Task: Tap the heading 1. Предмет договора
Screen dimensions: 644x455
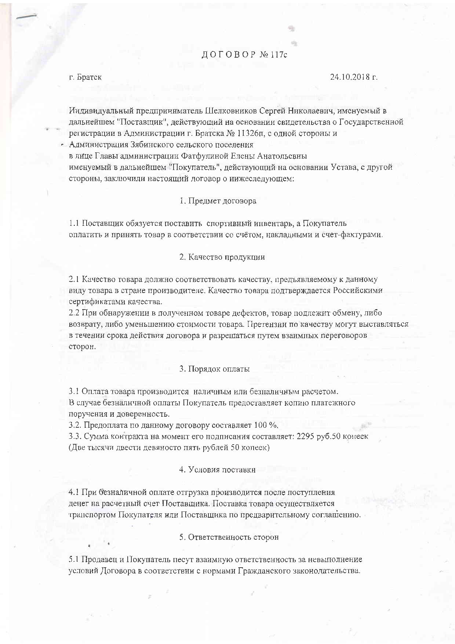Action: (x=218, y=201)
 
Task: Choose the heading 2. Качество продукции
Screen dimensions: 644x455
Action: (x=222, y=257)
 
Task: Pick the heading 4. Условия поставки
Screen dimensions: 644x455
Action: (x=217, y=470)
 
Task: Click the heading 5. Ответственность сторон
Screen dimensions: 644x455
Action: (x=229, y=537)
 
